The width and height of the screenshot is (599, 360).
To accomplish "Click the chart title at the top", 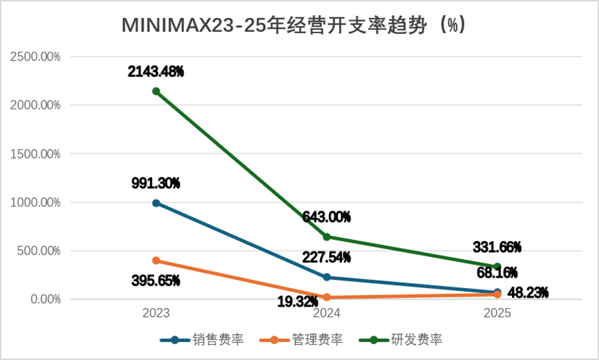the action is [x=294, y=26].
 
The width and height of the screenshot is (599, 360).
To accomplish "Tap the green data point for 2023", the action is [x=156, y=91].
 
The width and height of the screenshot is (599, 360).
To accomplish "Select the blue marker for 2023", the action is [x=156, y=203].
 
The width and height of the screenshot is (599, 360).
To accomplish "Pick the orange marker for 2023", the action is [x=156, y=261].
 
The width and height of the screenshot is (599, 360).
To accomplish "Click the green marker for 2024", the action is [x=327, y=237].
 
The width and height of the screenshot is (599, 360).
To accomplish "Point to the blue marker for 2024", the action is [x=327, y=277].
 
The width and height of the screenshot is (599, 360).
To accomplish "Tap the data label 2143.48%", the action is [x=156, y=71].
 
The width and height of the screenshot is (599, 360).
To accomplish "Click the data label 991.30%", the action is [x=156, y=184].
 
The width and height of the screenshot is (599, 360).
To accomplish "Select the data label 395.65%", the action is [x=156, y=281].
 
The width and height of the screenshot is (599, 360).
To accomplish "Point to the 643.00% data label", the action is [x=327, y=217].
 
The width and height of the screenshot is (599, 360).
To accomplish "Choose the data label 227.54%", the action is [x=327, y=257].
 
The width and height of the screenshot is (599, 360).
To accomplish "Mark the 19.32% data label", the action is [x=297, y=302].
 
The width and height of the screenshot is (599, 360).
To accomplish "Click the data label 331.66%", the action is [x=497, y=247].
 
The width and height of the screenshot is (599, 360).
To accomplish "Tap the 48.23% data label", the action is [x=528, y=293].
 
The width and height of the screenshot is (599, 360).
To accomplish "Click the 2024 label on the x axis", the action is [x=327, y=313].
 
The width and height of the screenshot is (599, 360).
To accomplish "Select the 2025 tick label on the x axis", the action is [x=497, y=313].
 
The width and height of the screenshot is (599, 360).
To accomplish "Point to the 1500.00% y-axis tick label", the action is [x=35, y=154].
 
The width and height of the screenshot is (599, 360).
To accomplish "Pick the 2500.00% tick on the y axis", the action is [x=35, y=57].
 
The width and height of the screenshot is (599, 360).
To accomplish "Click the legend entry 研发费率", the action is [x=401, y=340].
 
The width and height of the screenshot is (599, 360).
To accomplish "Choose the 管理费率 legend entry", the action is [x=302, y=340].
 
